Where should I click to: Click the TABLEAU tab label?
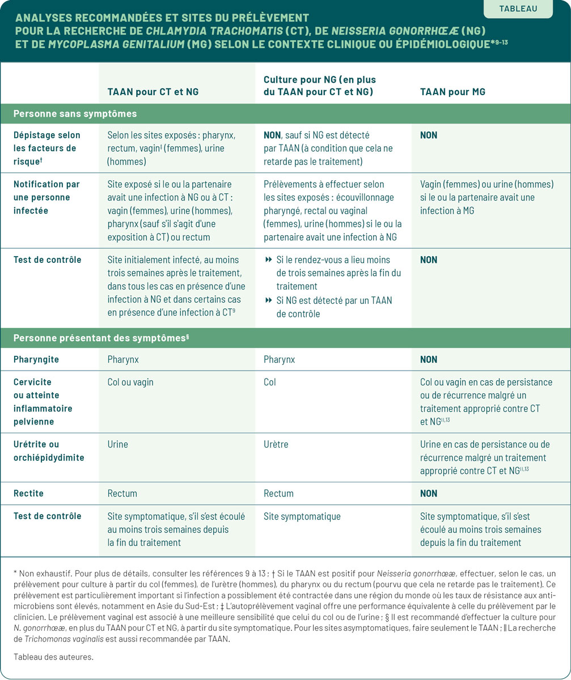click(518, 8)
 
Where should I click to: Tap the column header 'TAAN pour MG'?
click(453, 92)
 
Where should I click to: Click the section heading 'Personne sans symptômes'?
click(75, 113)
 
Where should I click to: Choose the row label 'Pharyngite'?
click(36, 360)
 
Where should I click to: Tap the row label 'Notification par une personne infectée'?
click(47, 197)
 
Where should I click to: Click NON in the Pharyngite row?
click(429, 360)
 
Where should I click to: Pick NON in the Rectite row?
click(429, 494)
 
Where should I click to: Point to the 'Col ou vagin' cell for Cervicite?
click(130, 382)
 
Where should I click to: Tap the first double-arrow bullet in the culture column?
click(269, 260)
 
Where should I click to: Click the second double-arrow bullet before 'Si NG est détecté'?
click(269, 300)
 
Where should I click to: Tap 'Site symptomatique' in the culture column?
click(302, 516)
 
